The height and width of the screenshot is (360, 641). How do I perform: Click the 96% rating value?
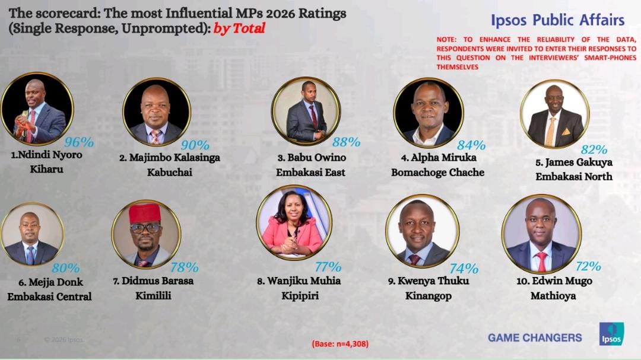tap(80, 142)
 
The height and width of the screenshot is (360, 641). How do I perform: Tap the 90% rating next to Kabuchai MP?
tap(195, 145)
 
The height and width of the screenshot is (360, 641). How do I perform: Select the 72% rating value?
tap(588, 266)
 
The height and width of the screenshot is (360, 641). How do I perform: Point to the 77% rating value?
tap(328, 267)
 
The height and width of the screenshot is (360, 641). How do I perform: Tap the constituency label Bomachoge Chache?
tap(437, 173)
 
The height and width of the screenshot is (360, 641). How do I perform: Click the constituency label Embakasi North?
tap(574, 176)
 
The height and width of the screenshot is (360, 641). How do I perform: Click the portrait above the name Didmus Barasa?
tap(145, 234)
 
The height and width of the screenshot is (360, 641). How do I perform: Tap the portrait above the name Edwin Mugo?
tap(541, 234)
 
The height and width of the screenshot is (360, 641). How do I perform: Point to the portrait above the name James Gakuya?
tap(554, 114)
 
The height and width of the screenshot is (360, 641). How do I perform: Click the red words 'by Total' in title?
tap(239, 28)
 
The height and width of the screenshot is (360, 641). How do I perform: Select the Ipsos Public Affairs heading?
tap(557, 20)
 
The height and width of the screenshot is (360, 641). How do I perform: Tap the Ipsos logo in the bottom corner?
tap(611, 334)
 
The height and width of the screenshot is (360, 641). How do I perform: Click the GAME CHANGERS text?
tap(535, 337)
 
